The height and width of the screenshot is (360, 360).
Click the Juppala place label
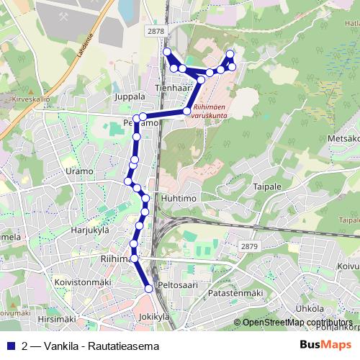click(130, 96)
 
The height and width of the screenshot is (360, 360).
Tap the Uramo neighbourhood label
click(79, 171)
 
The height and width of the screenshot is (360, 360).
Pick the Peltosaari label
click(177, 286)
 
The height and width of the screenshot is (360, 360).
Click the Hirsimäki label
click(57, 318)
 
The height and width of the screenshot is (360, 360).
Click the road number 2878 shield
click(155, 32)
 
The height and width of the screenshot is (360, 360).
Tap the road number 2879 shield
click(248, 246)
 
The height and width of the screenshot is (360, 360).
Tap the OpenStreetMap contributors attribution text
click(297, 323)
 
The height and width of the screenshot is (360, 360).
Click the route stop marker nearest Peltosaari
click(149, 288)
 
